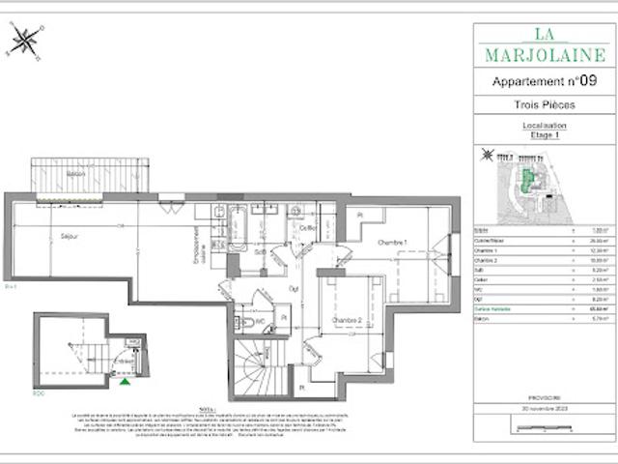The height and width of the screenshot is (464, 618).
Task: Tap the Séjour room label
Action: tap(69, 235)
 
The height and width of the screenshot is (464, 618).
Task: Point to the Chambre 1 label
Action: tap(392, 242)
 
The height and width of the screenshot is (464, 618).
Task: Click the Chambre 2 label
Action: tap(347, 320)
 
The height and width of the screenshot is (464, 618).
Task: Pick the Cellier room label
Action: tap(308, 227)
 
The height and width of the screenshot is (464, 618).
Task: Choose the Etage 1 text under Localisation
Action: tap(544, 135)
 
